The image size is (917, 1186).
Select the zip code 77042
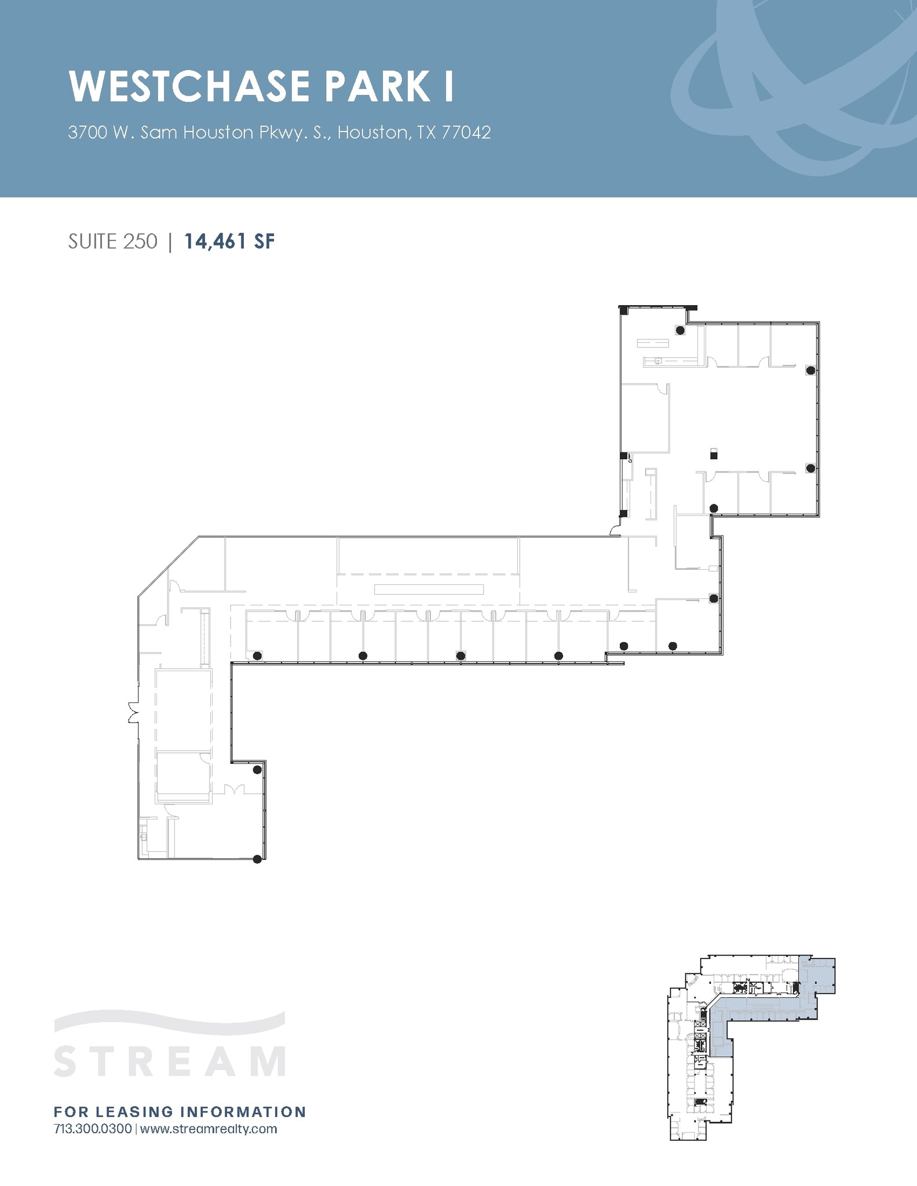(x=466, y=133)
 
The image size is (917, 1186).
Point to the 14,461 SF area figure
(x=229, y=241)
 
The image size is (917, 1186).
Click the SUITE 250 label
(x=112, y=241)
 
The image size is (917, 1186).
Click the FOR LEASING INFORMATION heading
(x=180, y=1111)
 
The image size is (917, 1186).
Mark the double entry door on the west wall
(x=133, y=712)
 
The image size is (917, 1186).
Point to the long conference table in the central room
(x=429, y=590)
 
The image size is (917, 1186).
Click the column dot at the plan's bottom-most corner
(x=258, y=859)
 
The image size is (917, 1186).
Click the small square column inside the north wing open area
(x=714, y=455)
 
